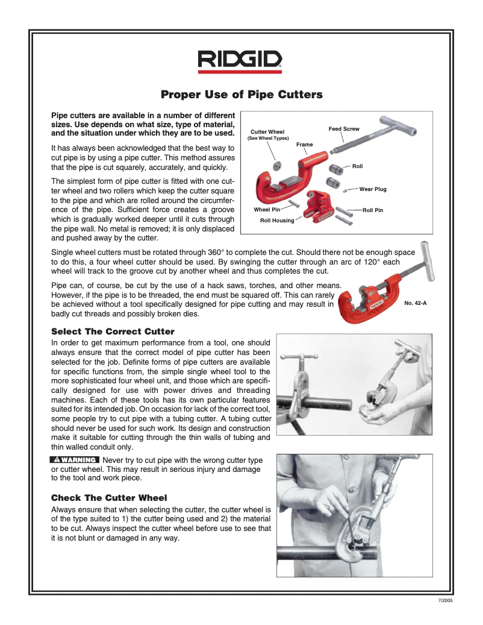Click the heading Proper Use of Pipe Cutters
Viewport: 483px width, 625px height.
click(x=241, y=95)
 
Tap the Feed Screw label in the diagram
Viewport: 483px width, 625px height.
click(x=343, y=129)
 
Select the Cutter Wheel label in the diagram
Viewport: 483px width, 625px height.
click(x=267, y=132)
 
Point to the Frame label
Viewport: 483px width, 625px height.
click(x=304, y=145)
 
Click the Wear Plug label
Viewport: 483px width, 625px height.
click(x=372, y=189)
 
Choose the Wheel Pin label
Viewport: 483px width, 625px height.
click(x=267, y=210)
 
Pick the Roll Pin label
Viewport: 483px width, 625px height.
click(x=372, y=210)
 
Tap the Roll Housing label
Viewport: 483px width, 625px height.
click(x=277, y=221)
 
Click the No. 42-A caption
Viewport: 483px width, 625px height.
click(x=415, y=303)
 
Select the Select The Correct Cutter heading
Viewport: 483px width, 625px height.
click(x=113, y=331)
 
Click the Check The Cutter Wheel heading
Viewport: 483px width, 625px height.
click(x=109, y=497)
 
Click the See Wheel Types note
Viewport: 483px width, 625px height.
click(x=268, y=139)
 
